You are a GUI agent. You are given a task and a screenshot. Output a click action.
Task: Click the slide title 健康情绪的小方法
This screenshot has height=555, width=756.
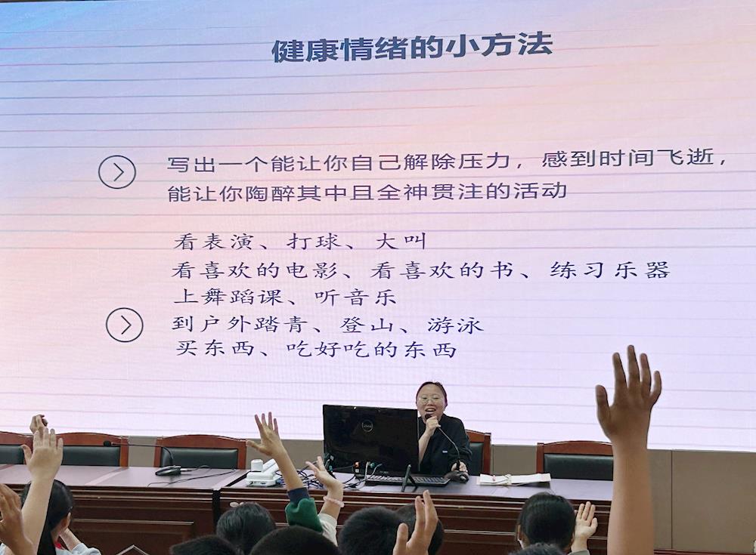412,48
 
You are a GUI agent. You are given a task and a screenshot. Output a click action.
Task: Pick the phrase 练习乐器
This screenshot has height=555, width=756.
610,270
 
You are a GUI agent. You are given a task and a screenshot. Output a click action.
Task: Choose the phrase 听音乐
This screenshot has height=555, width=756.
355,298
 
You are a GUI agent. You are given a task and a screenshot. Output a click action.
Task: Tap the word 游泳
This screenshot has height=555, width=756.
454,325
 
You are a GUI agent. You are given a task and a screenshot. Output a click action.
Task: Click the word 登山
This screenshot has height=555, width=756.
367,325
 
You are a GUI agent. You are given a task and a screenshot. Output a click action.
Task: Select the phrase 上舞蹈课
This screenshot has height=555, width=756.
228,297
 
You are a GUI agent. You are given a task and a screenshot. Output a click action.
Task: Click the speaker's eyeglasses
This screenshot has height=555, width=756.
429,399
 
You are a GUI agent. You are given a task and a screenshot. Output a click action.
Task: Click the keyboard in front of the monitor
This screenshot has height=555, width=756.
408,479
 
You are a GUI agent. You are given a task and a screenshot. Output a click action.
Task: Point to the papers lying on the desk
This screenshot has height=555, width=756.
514,479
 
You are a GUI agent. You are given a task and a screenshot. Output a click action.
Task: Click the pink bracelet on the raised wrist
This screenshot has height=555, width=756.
333,501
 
